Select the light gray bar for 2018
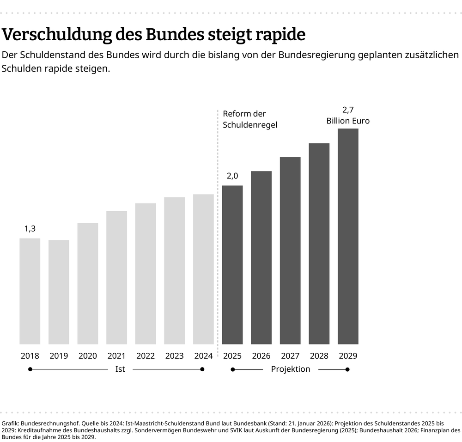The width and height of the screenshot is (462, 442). point(30,291)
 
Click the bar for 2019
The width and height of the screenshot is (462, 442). point(59,292)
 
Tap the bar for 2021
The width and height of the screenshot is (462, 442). point(116,277)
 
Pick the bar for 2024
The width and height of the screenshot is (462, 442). point(203,269)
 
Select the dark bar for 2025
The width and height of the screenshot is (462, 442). point(232,265)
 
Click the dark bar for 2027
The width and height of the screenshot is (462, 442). point(290,251)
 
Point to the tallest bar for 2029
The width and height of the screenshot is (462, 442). point(348,236)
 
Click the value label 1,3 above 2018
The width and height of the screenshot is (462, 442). point(30,228)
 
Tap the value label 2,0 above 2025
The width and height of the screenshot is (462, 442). point(232,176)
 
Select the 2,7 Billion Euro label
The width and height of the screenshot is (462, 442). point(348,115)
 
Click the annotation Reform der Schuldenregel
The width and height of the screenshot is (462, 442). point(250,119)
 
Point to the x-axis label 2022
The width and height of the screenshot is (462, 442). point(146,356)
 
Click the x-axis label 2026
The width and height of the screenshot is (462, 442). point(261,356)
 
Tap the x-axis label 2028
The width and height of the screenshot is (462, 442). point(319,356)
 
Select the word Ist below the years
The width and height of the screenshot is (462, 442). point(120,369)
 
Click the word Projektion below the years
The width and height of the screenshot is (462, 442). point(290,369)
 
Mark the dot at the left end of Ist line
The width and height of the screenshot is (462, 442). point(30,369)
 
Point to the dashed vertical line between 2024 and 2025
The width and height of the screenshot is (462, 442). point(218,231)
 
